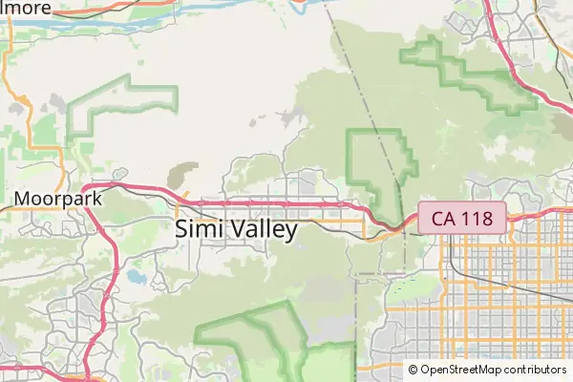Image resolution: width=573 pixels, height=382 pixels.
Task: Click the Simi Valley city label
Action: pos(237,229)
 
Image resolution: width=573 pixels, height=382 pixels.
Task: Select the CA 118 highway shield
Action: pos(461,218)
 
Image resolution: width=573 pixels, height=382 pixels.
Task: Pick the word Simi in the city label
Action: pos(195,229)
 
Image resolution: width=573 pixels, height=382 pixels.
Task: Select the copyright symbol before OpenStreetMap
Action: pos(413,370)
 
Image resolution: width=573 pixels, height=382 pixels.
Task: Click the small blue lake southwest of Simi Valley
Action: pos(135,279)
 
